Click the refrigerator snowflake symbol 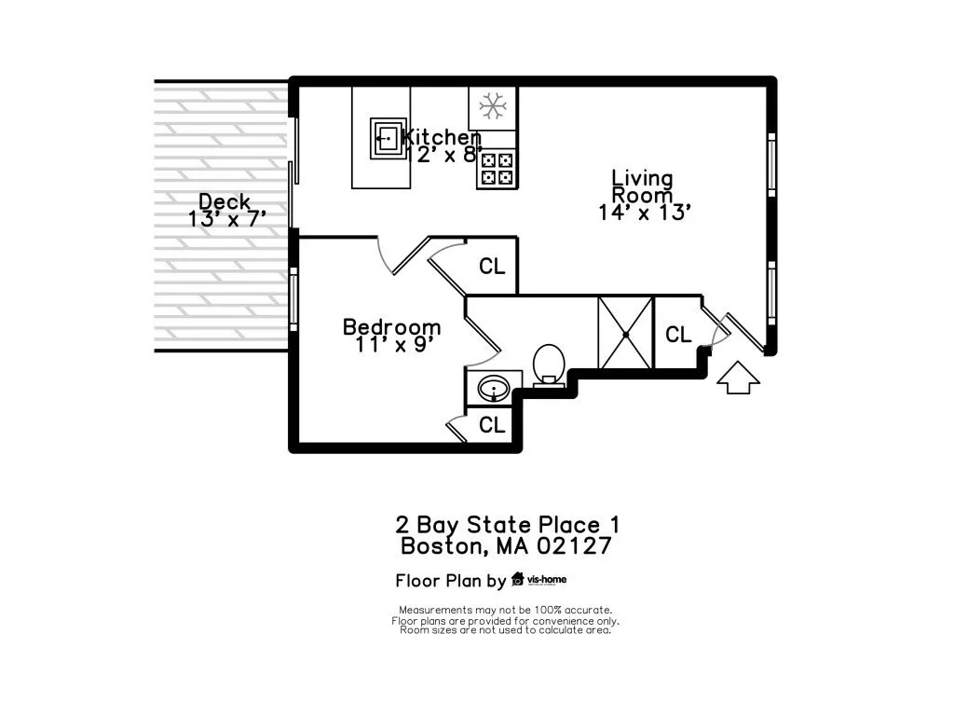pyautogui.click(x=493, y=105)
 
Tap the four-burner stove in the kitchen pyautogui.click(x=496, y=169)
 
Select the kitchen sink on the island pyautogui.click(x=388, y=138)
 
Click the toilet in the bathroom pyautogui.click(x=548, y=364)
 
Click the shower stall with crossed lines pyautogui.click(x=625, y=333)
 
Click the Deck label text pyautogui.click(x=225, y=201)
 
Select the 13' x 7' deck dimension pyautogui.click(x=227, y=219)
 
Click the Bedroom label pyautogui.click(x=391, y=327)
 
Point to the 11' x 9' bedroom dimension pyautogui.click(x=394, y=344)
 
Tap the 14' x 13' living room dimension pyautogui.click(x=644, y=213)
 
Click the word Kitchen pyautogui.click(x=442, y=138)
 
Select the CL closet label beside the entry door pyautogui.click(x=678, y=334)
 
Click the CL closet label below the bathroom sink pyautogui.click(x=492, y=425)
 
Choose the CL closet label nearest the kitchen pyautogui.click(x=492, y=267)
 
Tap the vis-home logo pyautogui.click(x=539, y=580)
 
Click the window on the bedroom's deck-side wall pyautogui.click(x=293, y=298)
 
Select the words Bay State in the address pyautogui.click(x=489, y=525)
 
